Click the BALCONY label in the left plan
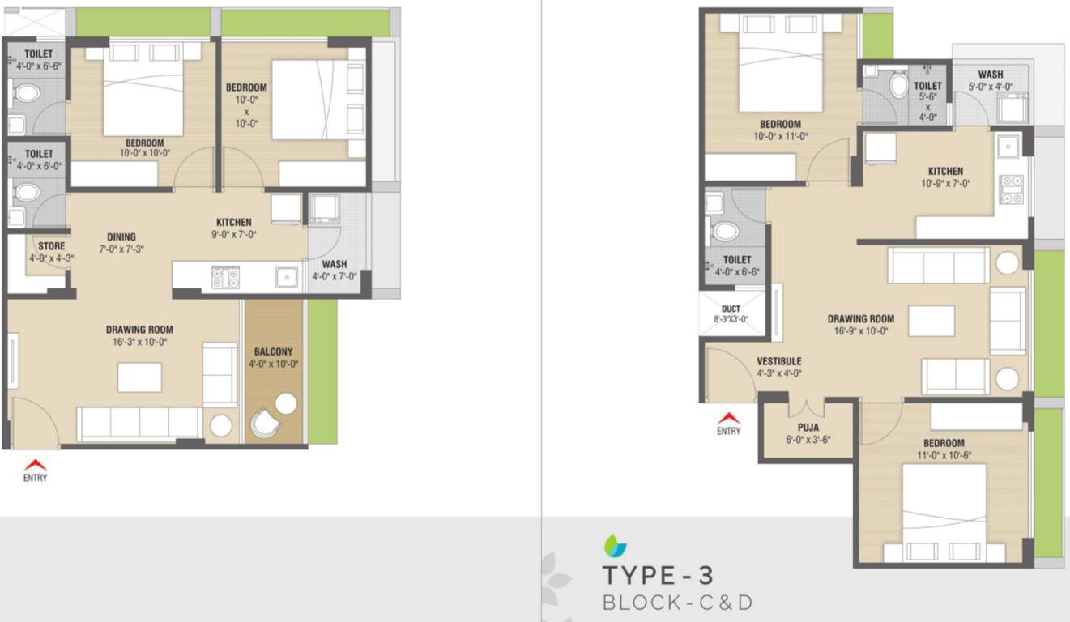[274, 352]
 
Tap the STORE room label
[51, 246]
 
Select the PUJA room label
[807, 428]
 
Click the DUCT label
[731, 309]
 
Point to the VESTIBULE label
[779, 361]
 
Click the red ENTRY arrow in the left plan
[34, 465]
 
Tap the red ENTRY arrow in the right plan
[728, 419]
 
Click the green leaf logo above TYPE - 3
[615, 546]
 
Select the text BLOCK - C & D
[677, 603]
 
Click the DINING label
[121, 237]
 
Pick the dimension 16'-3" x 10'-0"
[139, 342]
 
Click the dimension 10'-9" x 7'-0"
[945, 184]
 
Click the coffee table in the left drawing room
[139, 377]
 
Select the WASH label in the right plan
[990, 75]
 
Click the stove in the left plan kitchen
[225, 278]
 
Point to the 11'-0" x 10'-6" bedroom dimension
[944, 455]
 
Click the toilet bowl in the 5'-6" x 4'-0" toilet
[898, 84]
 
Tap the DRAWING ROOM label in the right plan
[860, 319]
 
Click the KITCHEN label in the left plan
[233, 223]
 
